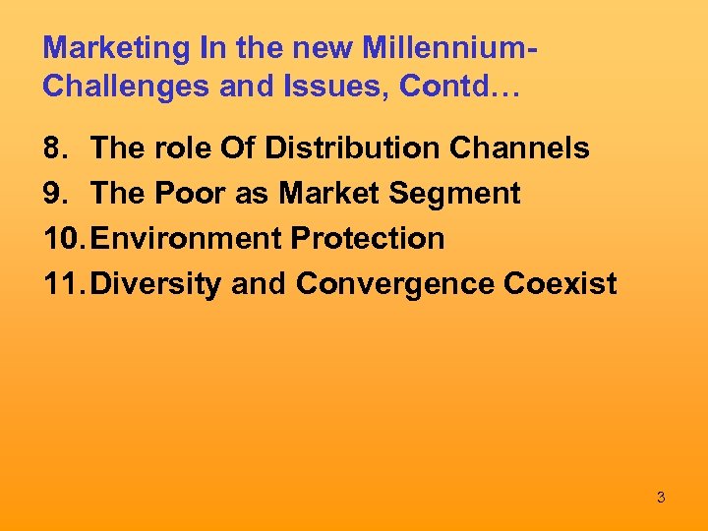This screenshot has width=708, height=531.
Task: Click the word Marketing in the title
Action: (x=104, y=47)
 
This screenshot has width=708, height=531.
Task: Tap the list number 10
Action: (x=63, y=239)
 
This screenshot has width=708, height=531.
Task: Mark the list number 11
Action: (x=63, y=284)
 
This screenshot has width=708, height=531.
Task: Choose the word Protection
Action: (x=368, y=239)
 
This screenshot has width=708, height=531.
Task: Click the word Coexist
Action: (x=560, y=284)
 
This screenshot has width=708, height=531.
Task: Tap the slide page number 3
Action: (x=661, y=498)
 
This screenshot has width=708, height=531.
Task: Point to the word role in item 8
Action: (x=179, y=148)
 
